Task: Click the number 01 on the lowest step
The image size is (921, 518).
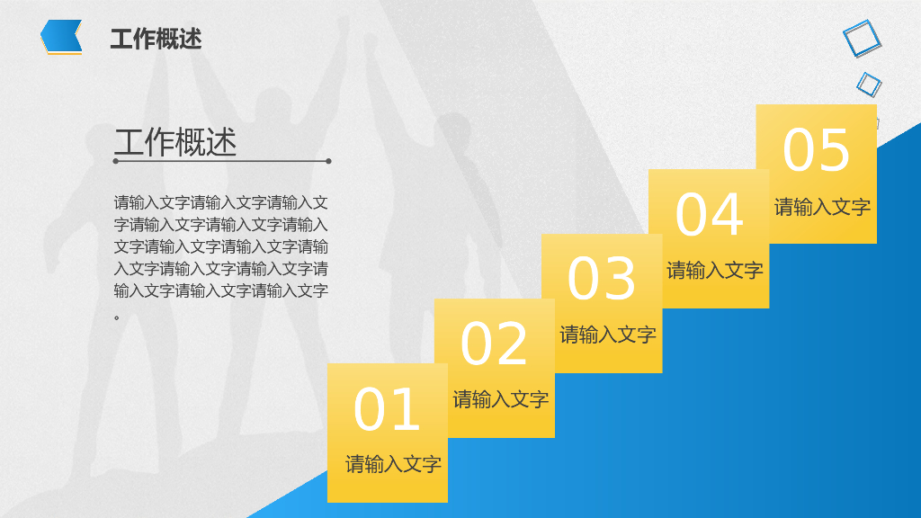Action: point(387,410)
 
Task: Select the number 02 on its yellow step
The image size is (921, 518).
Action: point(494,344)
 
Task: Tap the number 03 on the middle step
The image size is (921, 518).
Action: point(602,280)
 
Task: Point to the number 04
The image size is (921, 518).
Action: point(710,215)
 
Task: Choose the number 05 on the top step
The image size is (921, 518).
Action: point(816,150)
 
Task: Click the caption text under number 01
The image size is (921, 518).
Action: point(393,465)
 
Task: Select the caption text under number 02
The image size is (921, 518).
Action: point(500,399)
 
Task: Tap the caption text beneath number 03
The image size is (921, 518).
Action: point(608,335)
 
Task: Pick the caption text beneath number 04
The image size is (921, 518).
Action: point(715,270)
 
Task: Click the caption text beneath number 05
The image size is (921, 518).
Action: point(822,207)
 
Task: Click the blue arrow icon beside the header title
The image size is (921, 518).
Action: point(61,37)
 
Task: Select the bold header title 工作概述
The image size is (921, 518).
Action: point(156,39)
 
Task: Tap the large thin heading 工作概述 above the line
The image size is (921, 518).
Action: point(175,142)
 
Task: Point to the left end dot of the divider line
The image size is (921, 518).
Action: point(116,162)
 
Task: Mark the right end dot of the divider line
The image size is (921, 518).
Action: point(328,162)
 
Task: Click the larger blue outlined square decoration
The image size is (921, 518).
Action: point(862,39)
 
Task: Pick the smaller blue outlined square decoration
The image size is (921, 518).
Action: point(869,85)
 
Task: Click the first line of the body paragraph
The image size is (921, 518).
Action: point(220,202)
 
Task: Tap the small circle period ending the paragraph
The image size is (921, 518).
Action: point(117,317)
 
